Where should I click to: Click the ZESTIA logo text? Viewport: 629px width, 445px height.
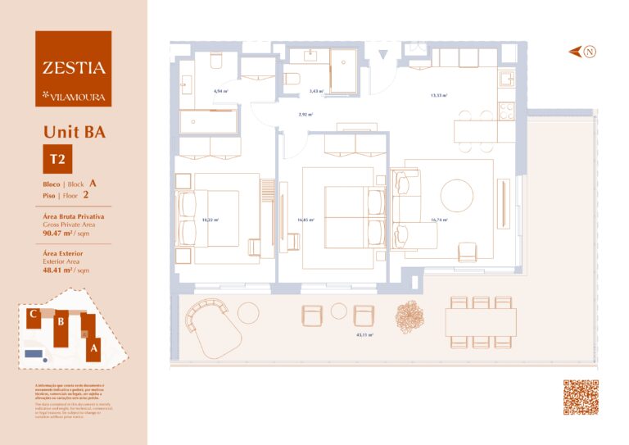click(74, 68)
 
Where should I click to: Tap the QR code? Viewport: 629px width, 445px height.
click(580, 397)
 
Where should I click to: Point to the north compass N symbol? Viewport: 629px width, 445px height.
click(590, 52)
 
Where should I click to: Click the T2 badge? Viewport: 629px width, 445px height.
click(58, 158)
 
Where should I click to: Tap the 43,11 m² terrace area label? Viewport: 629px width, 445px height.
click(364, 335)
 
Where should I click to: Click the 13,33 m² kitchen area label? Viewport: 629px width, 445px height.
click(438, 95)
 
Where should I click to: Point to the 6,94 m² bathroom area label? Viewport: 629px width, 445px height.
click(219, 91)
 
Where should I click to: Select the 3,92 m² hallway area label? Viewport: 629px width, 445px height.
click(305, 115)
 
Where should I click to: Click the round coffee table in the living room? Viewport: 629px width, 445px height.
click(456, 196)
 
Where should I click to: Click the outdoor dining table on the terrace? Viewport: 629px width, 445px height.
click(481, 321)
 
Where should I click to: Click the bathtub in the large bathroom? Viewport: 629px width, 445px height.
click(208, 121)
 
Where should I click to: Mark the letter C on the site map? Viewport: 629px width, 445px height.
click(30, 313)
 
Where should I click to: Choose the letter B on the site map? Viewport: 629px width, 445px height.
click(60, 321)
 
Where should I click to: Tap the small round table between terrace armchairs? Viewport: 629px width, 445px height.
click(339, 311)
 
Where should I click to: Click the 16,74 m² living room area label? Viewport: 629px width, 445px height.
click(438, 220)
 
